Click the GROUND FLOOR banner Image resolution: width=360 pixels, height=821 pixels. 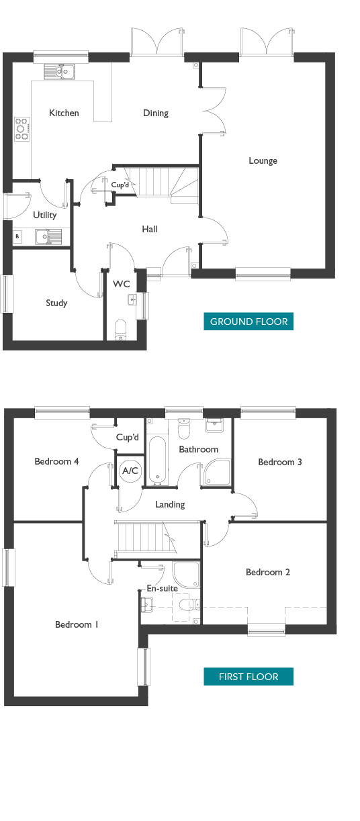[249, 322]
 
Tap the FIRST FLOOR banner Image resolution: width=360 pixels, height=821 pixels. [249, 676]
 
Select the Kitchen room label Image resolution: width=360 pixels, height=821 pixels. [64, 113]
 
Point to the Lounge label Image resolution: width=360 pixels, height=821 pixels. [263, 160]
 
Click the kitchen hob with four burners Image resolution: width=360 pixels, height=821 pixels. [22, 129]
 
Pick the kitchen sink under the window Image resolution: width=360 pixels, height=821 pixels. [59, 71]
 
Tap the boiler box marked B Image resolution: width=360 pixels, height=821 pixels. [17, 237]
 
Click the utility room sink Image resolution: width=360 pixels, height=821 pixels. [48, 237]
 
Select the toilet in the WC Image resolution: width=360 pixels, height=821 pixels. [121, 330]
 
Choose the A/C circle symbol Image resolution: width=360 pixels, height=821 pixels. [130, 471]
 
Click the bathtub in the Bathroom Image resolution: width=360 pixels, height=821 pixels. [157, 459]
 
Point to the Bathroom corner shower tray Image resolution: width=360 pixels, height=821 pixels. [218, 472]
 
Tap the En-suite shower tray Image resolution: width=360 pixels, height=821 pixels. [186, 575]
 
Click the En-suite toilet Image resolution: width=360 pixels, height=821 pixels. [189, 604]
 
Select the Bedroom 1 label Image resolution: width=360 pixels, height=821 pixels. [77, 624]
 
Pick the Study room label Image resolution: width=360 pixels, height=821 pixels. [56, 303]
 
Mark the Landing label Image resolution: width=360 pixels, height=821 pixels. [170, 505]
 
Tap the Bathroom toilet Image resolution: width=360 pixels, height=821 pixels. [184, 429]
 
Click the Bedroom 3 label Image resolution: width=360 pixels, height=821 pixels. [279, 462]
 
